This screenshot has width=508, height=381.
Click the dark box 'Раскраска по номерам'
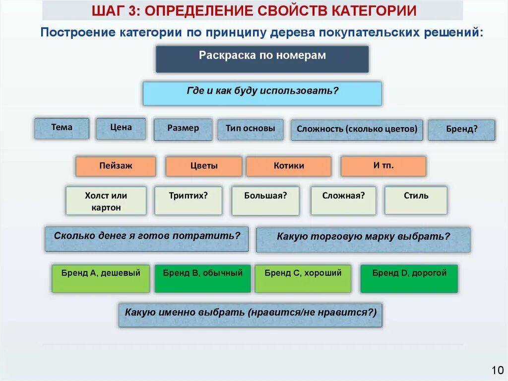tap(262, 59)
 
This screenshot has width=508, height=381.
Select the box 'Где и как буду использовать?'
tap(262, 93)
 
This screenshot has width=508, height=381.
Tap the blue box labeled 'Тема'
tap(62, 128)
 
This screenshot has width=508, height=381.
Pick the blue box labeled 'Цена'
tap(121, 128)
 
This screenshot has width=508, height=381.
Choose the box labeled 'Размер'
tap(183, 129)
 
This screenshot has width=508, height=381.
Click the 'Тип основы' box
tap(251, 129)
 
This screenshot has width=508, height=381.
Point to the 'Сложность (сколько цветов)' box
tap(357, 130)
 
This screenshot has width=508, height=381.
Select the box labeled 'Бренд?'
tap(461, 130)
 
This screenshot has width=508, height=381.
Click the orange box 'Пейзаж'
tap(116, 166)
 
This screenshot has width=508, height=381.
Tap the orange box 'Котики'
tap(289, 166)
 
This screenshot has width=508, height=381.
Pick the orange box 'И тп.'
tap(383, 166)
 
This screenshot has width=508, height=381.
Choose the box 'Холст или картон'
tap(106, 201)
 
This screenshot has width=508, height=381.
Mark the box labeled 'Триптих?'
tap(189, 201)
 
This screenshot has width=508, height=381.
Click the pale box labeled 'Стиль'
tap(416, 200)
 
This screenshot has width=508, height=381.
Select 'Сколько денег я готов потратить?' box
tap(147, 239)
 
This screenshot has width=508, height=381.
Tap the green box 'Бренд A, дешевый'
tap(101, 278)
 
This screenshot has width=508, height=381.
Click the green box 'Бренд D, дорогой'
tap(409, 278)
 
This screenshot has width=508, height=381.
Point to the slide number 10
tap(497, 371)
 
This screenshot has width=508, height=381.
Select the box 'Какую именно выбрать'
tap(251, 315)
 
